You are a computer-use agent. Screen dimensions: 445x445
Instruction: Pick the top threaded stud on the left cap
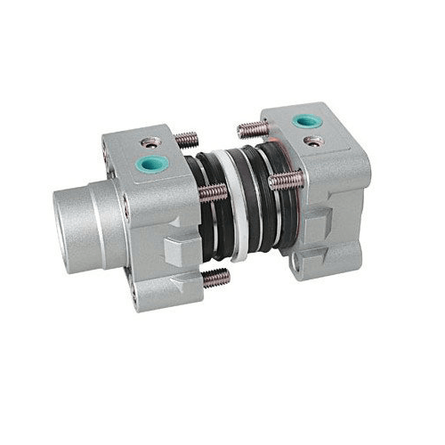click(186, 140)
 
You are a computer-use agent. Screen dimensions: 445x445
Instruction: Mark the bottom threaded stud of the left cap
click(216, 278)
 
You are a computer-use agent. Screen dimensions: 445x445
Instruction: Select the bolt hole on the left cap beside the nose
click(125, 210)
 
